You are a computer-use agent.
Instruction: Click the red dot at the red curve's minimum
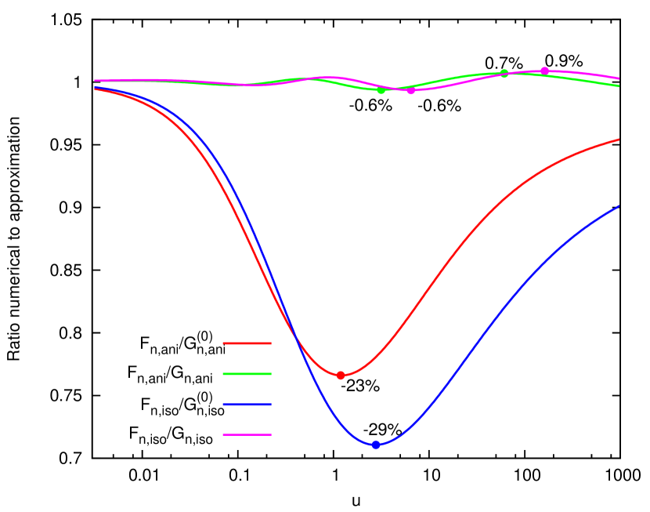point(341,376)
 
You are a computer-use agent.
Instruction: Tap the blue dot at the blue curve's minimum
point(376,445)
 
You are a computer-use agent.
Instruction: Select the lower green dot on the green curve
point(381,90)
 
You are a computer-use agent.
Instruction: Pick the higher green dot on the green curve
point(504,74)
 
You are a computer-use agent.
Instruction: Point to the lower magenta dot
point(410,91)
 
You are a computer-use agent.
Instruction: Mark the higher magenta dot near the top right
point(545,71)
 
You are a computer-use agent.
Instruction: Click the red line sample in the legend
point(247,343)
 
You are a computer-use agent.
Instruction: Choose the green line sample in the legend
point(247,374)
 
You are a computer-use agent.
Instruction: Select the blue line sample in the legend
point(247,405)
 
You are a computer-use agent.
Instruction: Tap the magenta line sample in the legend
point(247,434)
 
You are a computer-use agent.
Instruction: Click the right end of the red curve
point(619,140)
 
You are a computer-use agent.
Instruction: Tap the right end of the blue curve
point(619,207)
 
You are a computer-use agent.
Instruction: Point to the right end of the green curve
point(619,85)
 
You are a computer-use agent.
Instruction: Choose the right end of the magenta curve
point(619,78)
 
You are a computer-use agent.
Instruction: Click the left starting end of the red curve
point(96,89)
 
